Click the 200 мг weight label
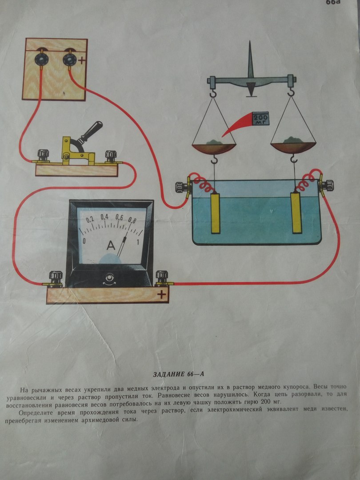coord(260,119)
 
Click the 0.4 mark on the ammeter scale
coord(105,217)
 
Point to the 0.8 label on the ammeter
coord(132,220)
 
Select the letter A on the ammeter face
coord(111,245)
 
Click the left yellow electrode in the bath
coord(216,213)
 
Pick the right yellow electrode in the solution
coord(296,212)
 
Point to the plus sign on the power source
coord(81,60)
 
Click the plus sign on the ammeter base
coord(161,295)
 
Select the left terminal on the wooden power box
coord(40,58)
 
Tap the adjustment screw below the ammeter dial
coord(108,278)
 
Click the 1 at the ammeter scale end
coord(138,242)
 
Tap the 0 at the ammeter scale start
coord(84,241)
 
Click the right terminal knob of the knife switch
coord(111,156)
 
